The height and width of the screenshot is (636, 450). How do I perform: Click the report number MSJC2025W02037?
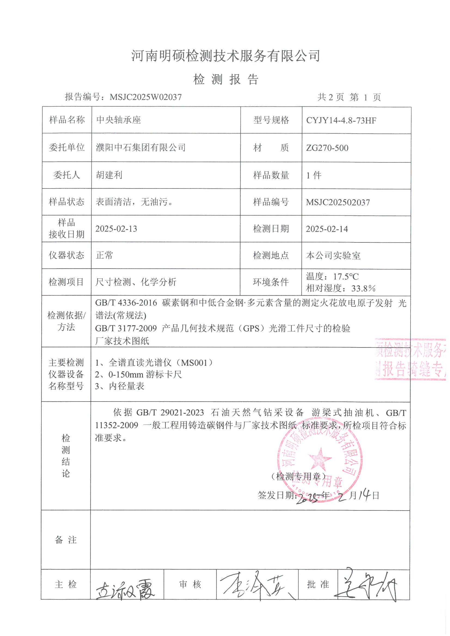click(146, 97)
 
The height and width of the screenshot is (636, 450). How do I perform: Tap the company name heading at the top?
click(225, 56)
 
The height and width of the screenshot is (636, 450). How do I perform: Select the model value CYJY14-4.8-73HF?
click(341, 121)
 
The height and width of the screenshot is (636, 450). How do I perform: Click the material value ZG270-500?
click(327, 148)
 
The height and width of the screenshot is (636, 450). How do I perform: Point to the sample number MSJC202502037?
click(338, 202)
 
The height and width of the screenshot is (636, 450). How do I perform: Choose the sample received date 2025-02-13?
click(116, 229)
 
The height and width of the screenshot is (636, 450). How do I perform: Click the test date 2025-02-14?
click(327, 229)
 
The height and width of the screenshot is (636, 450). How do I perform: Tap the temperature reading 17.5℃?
click(346, 276)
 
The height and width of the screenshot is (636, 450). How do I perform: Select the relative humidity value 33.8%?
click(363, 289)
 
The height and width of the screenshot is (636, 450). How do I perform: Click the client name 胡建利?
click(109, 175)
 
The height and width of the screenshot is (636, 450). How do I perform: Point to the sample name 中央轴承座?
click(119, 120)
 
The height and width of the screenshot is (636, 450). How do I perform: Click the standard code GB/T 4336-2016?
click(126, 303)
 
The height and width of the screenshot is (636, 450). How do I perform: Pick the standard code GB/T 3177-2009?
click(126, 329)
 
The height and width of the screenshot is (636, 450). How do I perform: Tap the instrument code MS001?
click(194, 363)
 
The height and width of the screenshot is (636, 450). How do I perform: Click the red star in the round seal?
click(320, 458)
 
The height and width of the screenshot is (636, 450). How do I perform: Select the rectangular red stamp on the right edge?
click(410, 359)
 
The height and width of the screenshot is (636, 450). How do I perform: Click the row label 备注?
click(66, 540)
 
